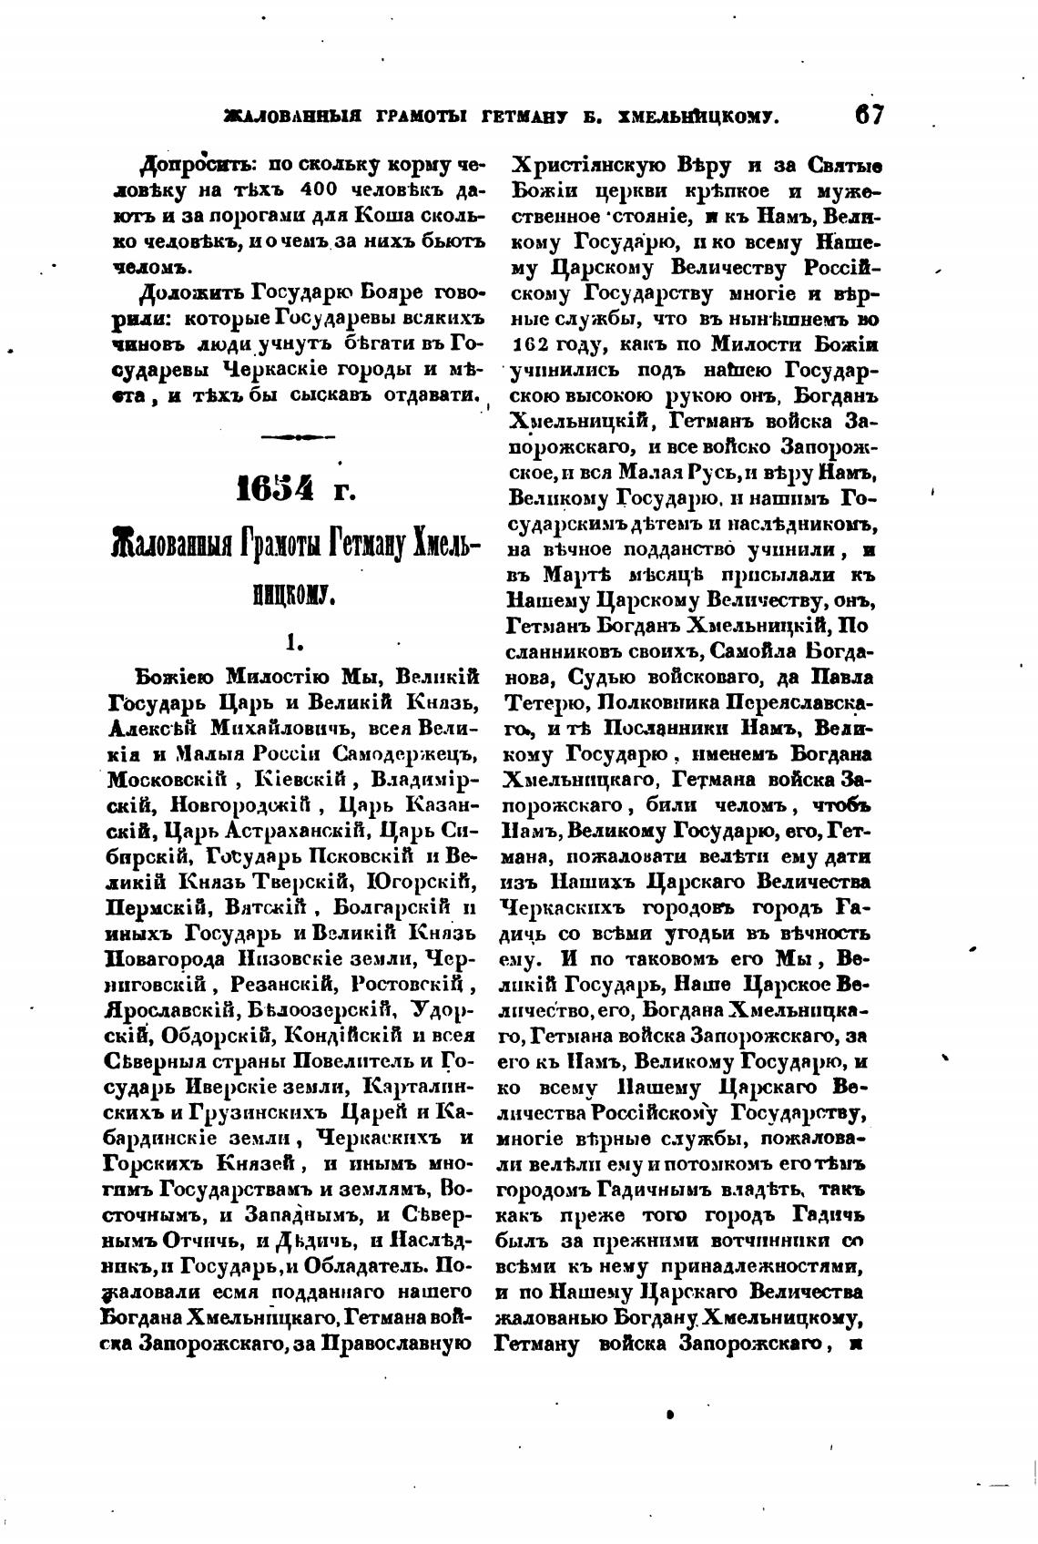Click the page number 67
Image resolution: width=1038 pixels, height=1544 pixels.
[x=869, y=115]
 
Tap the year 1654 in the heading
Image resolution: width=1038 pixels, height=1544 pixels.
[x=275, y=489]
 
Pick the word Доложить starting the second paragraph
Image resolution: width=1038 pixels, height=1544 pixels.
[x=188, y=294]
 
